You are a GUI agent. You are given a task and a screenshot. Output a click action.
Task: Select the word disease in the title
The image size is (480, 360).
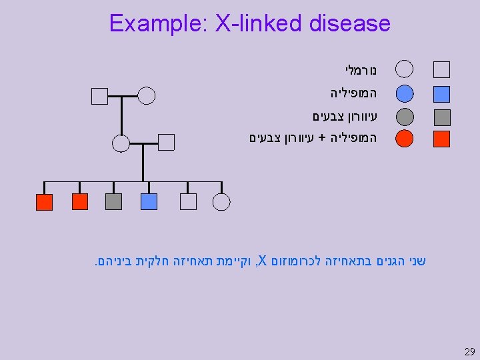click(350, 24)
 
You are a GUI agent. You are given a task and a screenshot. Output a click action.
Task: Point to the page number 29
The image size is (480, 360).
click(469, 351)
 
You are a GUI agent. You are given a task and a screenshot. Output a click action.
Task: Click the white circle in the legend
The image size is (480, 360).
click(404, 69)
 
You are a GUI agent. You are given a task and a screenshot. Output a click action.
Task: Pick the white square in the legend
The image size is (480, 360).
click(442, 69)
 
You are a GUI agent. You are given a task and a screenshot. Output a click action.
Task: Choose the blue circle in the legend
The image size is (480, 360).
click(404, 94)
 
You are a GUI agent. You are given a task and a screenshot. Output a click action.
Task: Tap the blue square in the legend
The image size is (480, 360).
click(442, 94)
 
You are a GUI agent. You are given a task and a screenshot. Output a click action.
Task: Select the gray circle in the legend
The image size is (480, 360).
click(404, 117)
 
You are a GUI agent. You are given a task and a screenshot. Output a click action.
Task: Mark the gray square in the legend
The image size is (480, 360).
click(442, 117)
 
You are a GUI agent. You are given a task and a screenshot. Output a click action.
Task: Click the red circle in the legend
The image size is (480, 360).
click(404, 139)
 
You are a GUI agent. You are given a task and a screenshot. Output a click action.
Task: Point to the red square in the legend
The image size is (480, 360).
click(442, 139)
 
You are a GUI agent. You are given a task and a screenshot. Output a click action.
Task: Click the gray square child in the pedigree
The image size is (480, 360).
click(114, 201)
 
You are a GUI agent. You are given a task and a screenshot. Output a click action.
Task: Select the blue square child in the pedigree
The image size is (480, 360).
click(149, 201)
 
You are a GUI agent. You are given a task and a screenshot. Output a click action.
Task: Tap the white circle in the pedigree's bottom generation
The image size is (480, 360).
click(221, 201)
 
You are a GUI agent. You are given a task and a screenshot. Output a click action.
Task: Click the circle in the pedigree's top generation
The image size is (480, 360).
click(147, 96)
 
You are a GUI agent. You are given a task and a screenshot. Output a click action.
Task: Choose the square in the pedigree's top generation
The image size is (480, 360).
click(99, 96)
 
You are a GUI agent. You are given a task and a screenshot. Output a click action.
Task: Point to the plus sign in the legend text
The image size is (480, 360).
click(322, 139)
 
